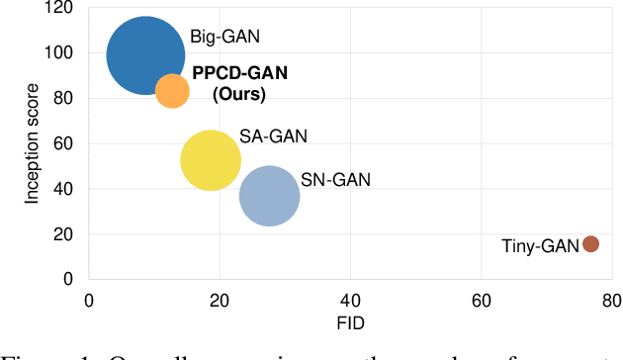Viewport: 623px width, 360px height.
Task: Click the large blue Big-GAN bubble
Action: tap(145, 56)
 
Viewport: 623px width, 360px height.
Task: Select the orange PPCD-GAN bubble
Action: tap(172, 91)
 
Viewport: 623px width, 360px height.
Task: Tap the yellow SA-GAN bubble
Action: tap(211, 160)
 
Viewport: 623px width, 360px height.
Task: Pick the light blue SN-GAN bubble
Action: tap(269, 197)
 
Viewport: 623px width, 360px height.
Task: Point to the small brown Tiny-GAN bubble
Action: tap(590, 244)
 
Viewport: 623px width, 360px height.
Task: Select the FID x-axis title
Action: tap(351, 323)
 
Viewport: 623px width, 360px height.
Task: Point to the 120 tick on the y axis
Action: tap(63, 8)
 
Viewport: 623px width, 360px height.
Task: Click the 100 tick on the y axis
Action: tap(63, 53)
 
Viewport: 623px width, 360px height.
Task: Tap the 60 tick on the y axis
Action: tap(67, 143)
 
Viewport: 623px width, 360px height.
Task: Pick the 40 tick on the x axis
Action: tap(351, 301)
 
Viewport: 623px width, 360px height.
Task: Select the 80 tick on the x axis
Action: tap(611, 301)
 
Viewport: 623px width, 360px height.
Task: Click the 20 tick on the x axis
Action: tap(220, 301)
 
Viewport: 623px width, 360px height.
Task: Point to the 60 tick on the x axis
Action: tap(482, 301)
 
